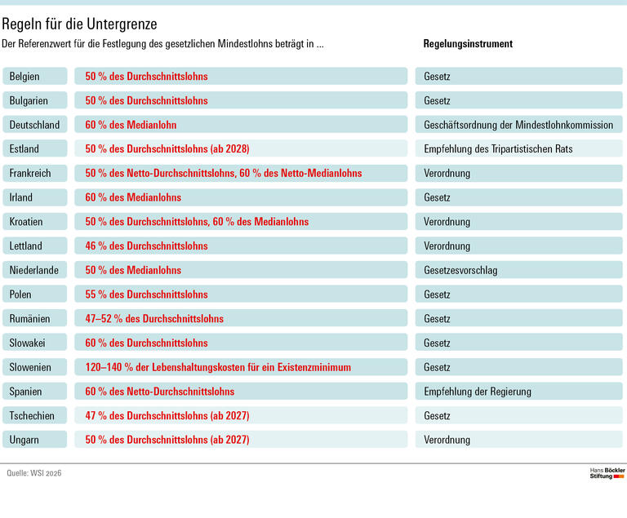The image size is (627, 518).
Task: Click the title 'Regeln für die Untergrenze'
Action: (80, 24)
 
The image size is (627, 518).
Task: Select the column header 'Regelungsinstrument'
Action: (468, 44)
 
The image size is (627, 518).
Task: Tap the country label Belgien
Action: (25, 77)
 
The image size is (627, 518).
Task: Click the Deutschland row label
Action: (34, 125)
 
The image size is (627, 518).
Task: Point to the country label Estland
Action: (24, 149)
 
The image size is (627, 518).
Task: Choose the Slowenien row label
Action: (31, 367)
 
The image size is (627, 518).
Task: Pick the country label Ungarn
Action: (24, 440)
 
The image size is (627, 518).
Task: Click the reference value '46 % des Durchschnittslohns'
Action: (146, 246)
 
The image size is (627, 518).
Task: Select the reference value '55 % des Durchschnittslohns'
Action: (146, 294)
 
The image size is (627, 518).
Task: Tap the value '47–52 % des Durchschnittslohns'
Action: (154, 319)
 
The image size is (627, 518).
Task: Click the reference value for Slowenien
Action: (218, 367)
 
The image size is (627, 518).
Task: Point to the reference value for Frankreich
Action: (223, 173)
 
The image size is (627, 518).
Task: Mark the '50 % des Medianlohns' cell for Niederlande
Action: (133, 270)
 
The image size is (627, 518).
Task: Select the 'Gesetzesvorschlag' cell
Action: (460, 270)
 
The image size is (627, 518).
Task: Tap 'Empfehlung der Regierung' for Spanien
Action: (478, 392)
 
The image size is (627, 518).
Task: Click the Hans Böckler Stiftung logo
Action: (606, 474)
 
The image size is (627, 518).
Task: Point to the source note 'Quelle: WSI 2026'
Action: (34, 474)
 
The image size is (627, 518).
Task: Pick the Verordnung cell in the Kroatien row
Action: (447, 222)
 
